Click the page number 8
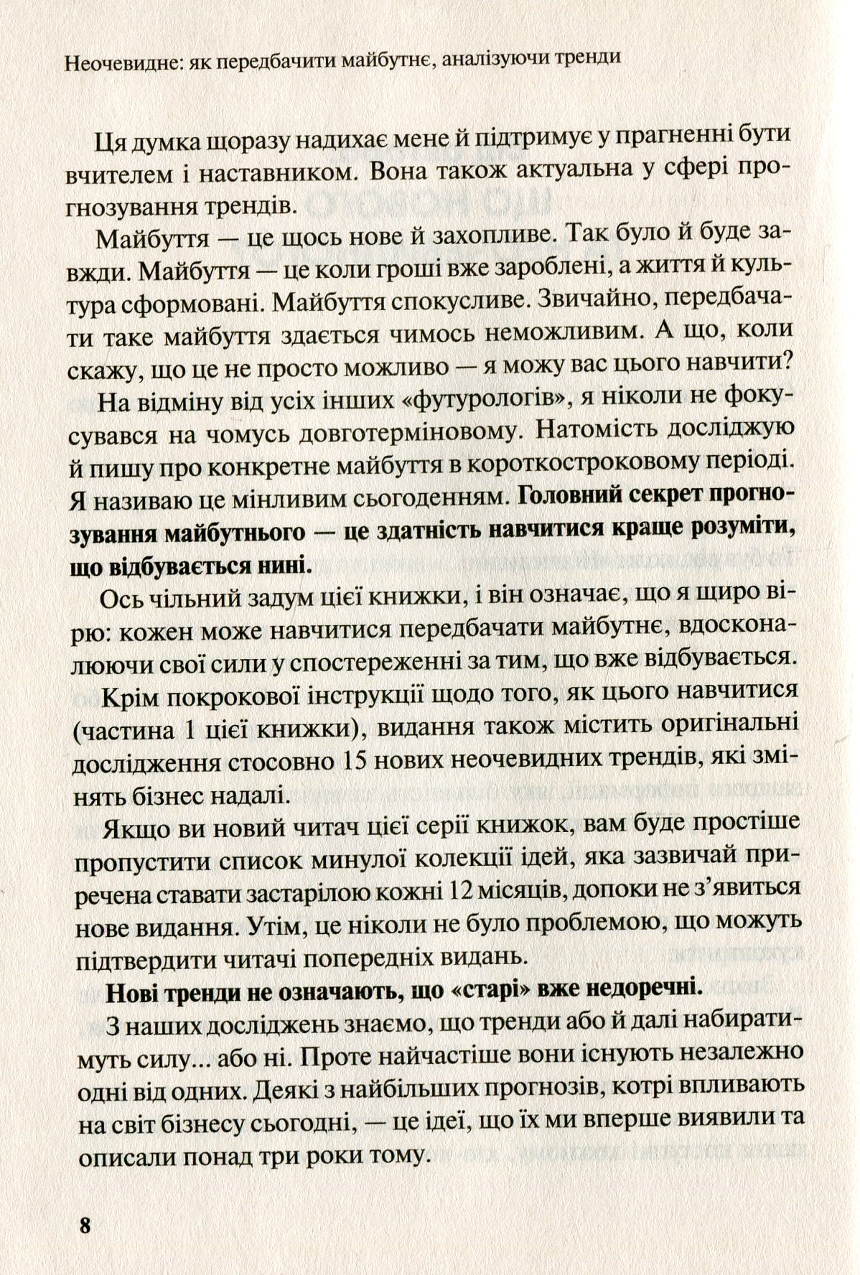(86, 1225)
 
